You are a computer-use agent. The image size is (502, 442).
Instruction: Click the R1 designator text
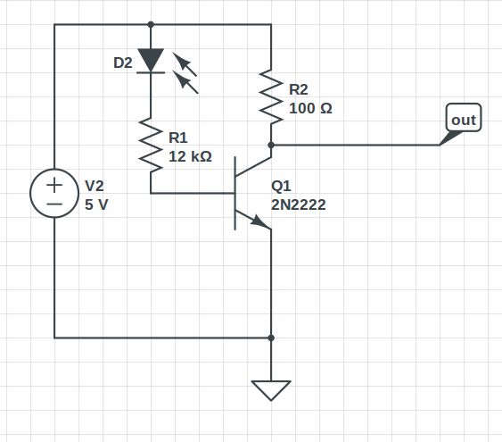point(178,138)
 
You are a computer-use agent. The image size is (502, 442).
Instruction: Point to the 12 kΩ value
point(190,156)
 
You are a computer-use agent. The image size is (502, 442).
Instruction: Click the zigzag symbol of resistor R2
point(270,96)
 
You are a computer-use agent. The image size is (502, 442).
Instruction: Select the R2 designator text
point(299,89)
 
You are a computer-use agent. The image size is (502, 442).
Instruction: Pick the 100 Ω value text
point(311,108)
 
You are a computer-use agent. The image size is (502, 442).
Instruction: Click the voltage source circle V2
point(54,194)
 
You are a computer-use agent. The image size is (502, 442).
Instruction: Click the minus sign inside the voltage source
point(54,204)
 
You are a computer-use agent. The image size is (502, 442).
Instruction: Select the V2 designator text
point(95,186)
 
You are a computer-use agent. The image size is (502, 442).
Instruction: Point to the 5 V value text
point(95,204)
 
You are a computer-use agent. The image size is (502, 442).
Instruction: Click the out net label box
point(464,119)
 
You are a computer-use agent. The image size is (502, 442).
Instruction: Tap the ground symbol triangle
point(270,389)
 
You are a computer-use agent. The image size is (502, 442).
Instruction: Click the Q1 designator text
point(281,186)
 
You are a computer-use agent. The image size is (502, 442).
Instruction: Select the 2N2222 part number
point(299,204)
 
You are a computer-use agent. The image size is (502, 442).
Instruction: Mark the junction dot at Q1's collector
point(270,144)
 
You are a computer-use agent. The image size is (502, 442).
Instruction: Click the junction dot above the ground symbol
point(270,338)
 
